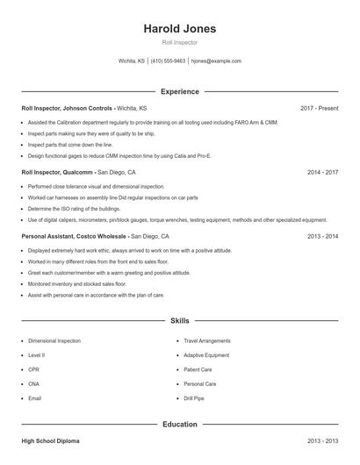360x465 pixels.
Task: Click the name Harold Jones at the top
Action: pyautogui.click(x=180, y=28)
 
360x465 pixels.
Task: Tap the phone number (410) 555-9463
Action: pyautogui.click(x=168, y=61)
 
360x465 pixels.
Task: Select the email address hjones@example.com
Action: pyautogui.click(x=216, y=61)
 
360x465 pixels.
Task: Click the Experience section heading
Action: pyautogui.click(x=180, y=91)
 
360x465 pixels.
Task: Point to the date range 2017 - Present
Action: pyautogui.click(x=319, y=108)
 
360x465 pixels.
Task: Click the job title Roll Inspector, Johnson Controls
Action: pyautogui.click(x=67, y=108)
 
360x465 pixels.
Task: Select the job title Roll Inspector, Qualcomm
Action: pyautogui.click(x=58, y=172)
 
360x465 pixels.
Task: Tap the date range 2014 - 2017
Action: pyautogui.click(x=322, y=172)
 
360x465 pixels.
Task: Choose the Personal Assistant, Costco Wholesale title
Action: pyautogui.click(x=74, y=236)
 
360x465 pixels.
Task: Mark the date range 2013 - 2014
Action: pyautogui.click(x=322, y=236)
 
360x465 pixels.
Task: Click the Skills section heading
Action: pyautogui.click(x=180, y=321)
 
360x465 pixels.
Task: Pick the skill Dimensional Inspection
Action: pyautogui.click(x=54, y=340)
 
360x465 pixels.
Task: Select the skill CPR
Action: pyautogui.click(x=34, y=369)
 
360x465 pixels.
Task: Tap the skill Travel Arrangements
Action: pyautogui.click(x=207, y=340)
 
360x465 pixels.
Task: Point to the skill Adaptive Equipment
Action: pyautogui.click(x=206, y=355)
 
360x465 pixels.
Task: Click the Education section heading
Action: pyautogui.click(x=180, y=425)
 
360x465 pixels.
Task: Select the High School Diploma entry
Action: pyautogui.click(x=51, y=441)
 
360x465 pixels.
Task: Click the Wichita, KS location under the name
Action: pyautogui.click(x=132, y=61)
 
